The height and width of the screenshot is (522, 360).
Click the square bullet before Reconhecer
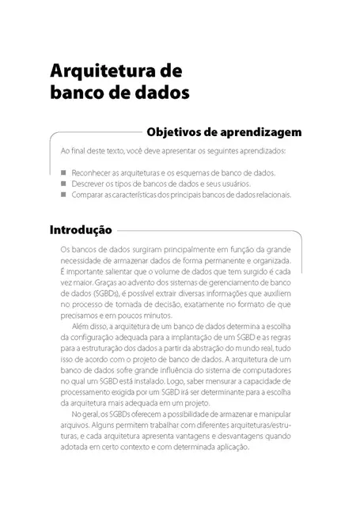[x=63, y=172]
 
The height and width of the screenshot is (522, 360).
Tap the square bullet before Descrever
[x=63, y=183]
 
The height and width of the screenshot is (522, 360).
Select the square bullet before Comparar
[x=63, y=194]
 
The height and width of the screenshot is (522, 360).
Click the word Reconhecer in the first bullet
[x=92, y=172]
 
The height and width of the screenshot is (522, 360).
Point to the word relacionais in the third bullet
[x=275, y=194]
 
